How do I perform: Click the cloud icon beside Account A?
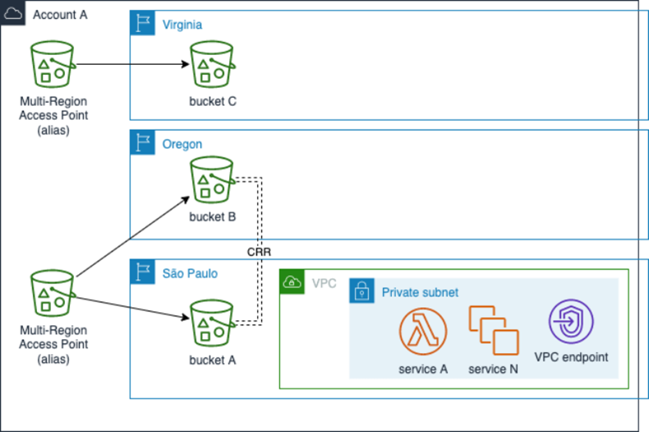click(x=12, y=13)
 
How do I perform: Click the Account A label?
click(x=60, y=15)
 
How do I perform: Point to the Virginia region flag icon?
click(x=143, y=24)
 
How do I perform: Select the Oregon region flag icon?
click(x=143, y=143)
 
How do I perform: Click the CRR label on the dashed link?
click(x=259, y=250)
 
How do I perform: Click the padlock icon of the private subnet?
click(x=361, y=292)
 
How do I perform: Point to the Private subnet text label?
click(x=420, y=292)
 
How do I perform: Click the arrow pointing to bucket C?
click(x=131, y=65)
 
